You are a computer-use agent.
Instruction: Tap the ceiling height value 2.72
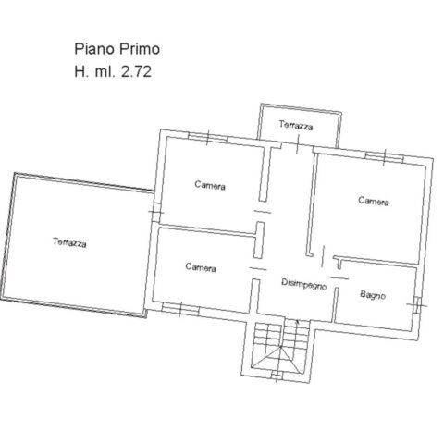click(x=136, y=72)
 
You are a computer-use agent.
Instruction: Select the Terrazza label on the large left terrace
click(x=69, y=242)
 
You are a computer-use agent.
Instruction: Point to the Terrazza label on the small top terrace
click(x=296, y=126)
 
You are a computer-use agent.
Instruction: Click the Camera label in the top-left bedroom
click(x=210, y=185)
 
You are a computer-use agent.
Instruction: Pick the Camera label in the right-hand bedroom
click(x=374, y=201)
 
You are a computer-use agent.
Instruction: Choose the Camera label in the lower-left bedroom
click(x=201, y=267)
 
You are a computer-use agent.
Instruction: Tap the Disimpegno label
click(x=304, y=284)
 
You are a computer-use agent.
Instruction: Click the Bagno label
click(x=373, y=295)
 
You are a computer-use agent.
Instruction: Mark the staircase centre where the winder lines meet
click(x=281, y=348)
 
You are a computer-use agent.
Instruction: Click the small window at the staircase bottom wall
click(x=277, y=376)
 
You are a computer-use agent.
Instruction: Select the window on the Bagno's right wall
click(x=417, y=305)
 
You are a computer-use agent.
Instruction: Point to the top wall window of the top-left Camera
click(x=207, y=138)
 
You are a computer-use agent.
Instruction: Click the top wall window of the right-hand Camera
click(x=385, y=157)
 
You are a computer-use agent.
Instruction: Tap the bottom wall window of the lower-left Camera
click(x=180, y=309)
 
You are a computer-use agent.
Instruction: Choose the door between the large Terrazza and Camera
click(x=155, y=212)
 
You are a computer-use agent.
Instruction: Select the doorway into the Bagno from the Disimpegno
click(x=338, y=277)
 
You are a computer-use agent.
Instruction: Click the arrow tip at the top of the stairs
click(x=297, y=321)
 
